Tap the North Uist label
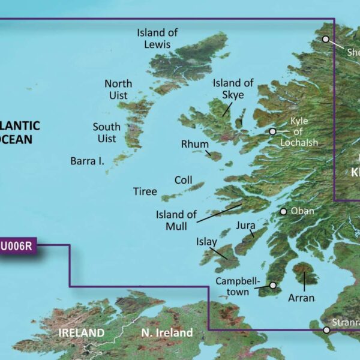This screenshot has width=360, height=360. point(118,89)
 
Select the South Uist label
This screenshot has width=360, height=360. point(106,133)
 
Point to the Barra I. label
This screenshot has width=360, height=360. point(88,161)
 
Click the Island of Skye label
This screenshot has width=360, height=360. point(233,89)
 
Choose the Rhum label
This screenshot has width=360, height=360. point(195,145)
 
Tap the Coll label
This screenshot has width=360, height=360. point(183,180)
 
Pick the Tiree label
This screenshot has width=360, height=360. point(145,192)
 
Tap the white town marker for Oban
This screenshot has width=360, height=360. point(283,212)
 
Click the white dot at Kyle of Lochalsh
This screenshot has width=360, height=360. point(272,131)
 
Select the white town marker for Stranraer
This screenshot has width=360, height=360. point(326,330)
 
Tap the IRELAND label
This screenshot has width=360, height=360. point(82,332)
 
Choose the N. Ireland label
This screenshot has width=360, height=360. point(167,332)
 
